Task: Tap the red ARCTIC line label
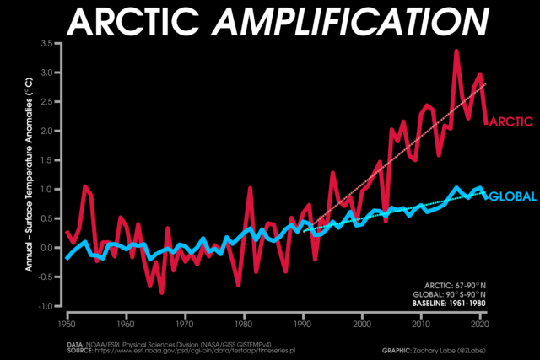click(510, 121)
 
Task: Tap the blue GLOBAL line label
click(512, 196)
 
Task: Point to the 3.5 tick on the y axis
click(47, 43)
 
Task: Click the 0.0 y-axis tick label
click(47, 248)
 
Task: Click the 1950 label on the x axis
click(66, 324)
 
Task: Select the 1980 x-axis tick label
click(244, 324)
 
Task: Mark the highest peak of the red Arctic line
click(456, 51)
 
